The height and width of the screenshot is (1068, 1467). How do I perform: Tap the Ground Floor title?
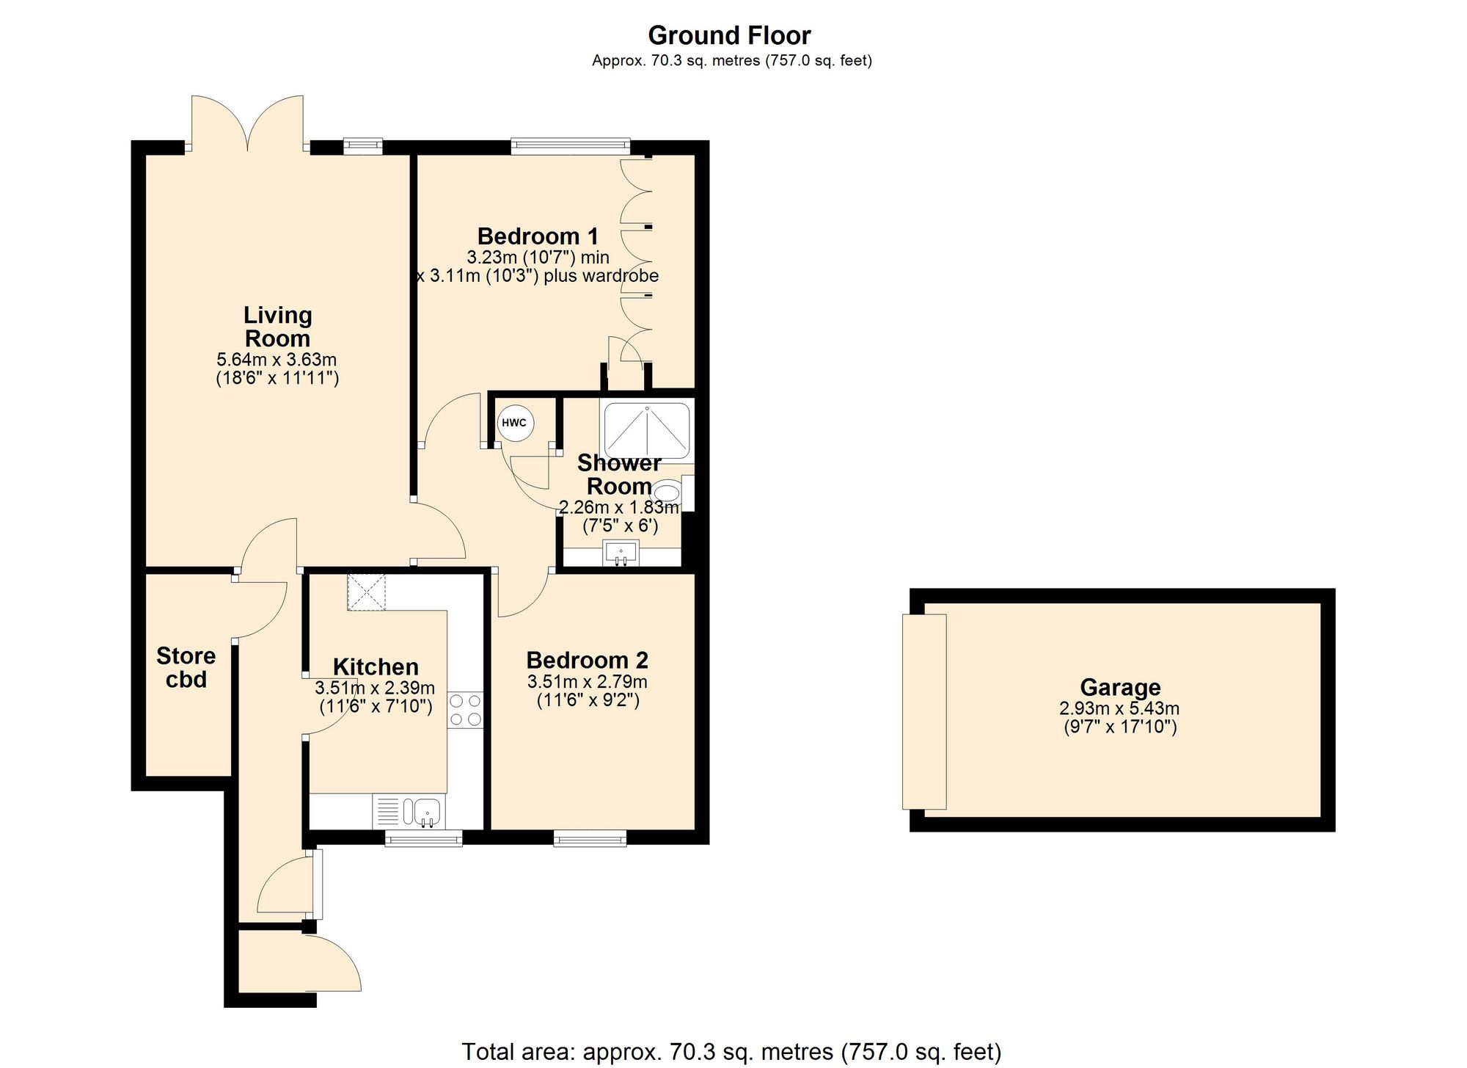729,35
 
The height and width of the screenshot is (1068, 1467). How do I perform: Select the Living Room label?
277,327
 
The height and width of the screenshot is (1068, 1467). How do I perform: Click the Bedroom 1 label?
538,236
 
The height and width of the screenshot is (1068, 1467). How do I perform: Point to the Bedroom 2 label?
587,661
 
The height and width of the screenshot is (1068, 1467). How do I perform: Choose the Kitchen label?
376,666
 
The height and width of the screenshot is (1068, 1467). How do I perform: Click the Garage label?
1120,688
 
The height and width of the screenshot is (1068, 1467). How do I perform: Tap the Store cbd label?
186,667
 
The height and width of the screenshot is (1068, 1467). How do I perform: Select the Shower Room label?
619,474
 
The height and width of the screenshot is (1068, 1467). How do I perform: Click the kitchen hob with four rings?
466,710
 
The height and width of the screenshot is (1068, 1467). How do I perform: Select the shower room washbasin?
621,553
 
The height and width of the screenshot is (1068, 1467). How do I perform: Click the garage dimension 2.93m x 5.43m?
1119,708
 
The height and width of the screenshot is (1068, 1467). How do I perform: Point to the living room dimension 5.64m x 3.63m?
277,360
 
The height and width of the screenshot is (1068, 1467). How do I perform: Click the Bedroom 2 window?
590,838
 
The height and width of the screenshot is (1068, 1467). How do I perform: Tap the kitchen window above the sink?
424,838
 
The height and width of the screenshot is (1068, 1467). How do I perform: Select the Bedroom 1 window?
571,146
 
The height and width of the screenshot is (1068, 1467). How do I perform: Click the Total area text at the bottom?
731,1052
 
